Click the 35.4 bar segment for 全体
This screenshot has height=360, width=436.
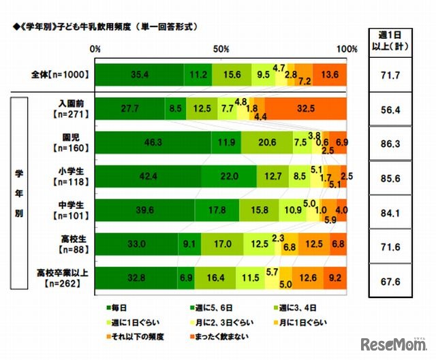click(140, 74)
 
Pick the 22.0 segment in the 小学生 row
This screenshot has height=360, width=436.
click(229, 176)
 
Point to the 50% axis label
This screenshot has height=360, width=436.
click(221, 50)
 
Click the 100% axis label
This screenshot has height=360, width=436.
click(346, 50)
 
